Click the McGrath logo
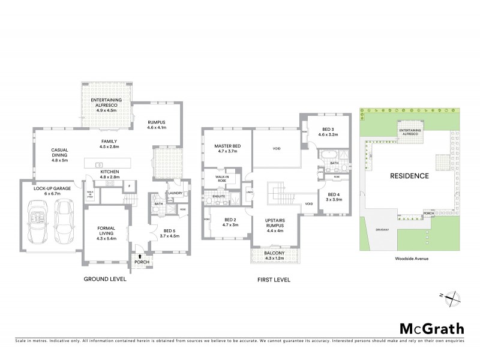[x=431, y=328]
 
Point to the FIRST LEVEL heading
[x=274, y=280]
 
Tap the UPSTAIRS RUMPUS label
[x=278, y=224]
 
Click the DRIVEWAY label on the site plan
[x=383, y=229]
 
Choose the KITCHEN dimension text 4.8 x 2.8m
[x=109, y=177]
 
